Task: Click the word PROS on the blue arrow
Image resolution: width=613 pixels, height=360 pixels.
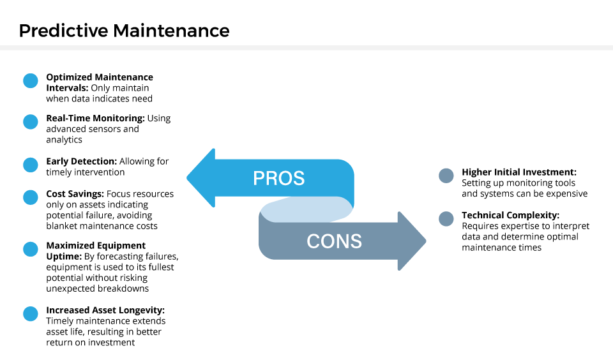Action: click(x=278, y=178)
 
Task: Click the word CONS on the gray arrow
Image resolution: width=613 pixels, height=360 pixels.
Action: click(x=334, y=241)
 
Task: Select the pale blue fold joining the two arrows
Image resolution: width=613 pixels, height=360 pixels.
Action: click(x=306, y=209)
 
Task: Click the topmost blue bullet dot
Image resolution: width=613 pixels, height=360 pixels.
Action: click(x=31, y=81)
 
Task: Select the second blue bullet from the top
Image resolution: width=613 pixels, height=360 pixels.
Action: click(x=31, y=122)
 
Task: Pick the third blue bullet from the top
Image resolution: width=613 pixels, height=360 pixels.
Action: click(x=31, y=165)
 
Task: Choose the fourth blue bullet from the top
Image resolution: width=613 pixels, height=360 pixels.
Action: click(x=31, y=197)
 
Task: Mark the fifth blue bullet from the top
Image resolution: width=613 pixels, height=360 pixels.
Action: click(x=31, y=249)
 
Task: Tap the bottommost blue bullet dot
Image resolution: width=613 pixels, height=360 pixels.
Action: click(x=31, y=314)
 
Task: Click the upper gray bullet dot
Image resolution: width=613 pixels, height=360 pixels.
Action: click(x=446, y=176)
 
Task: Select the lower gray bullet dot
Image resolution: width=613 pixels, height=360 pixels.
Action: click(x=446, y=219)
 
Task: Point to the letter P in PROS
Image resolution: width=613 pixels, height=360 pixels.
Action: click(x=259, y=178)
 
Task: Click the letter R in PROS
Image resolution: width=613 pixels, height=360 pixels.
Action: click(x=271, y=178)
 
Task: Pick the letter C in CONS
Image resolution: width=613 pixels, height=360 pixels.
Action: click(x=313, y=241)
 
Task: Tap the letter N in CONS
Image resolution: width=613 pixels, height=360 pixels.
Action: click(x=342, y=241)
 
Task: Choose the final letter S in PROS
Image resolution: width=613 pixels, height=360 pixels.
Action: click(x=299, y=178)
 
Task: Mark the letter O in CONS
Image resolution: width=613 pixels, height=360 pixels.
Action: click(x=327, y=241)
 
